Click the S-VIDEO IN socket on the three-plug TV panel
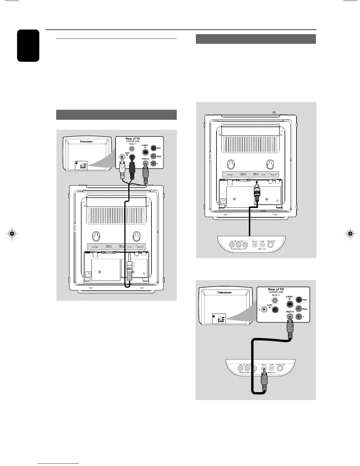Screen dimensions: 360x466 coord(146,152)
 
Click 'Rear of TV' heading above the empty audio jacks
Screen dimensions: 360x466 coord(276,289)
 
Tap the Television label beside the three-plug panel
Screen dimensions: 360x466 coord(86,142)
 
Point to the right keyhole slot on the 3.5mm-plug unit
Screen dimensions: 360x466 coord(136,236)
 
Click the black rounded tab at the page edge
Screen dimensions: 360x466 coord(28,46)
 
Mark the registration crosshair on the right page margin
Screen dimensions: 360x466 coord(350,234)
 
